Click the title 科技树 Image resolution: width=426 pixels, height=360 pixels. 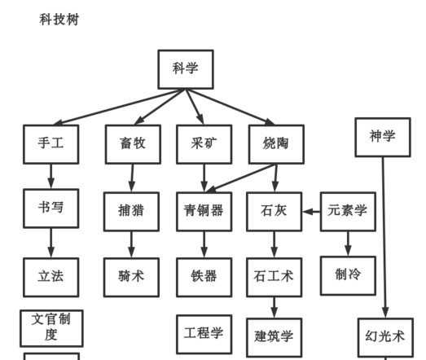point(59,19)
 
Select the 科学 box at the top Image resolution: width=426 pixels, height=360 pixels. point(185,69)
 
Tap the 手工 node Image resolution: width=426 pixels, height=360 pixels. point(51,144)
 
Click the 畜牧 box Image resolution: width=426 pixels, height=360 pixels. point(132,144)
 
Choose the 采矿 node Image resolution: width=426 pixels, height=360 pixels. point(204,144)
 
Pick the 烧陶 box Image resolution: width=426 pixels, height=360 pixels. point(275,144)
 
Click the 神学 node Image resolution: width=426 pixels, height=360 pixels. point(382,137)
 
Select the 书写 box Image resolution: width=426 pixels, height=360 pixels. point(51,208)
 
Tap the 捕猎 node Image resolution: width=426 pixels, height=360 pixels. point(131,211)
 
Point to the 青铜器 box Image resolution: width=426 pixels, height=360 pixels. point(204,211)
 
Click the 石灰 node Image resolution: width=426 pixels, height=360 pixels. point(274,211)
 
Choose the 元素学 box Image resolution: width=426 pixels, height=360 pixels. point(348,211)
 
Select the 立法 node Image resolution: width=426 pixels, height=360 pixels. point(51,276)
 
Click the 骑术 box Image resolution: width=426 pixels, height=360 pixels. point(131,276)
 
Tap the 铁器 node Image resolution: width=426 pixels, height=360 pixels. point(204,276)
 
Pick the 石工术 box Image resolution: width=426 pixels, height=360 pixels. point(274,276)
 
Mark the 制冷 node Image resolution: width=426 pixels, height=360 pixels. point(348,275)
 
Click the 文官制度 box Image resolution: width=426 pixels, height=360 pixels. point(51,327)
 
